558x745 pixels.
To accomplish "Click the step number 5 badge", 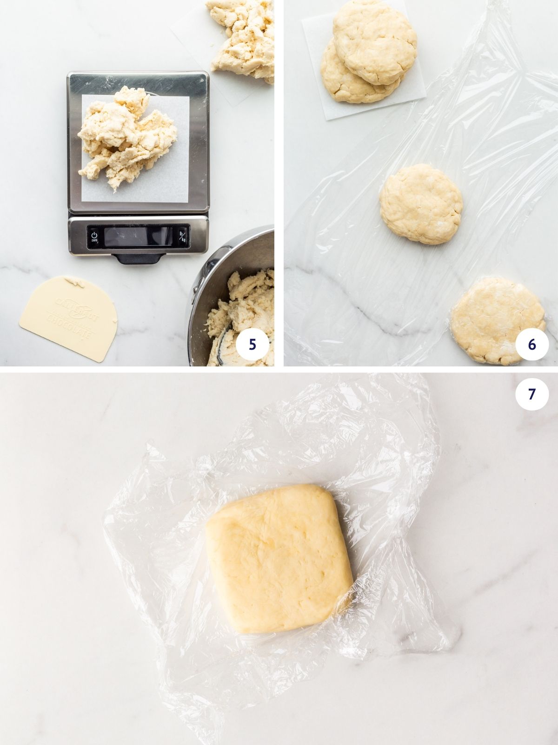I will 252,344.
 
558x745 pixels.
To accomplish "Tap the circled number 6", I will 532,344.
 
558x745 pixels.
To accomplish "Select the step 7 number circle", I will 532,394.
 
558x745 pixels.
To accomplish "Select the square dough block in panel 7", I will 279,559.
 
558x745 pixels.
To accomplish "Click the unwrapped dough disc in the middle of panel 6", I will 421,203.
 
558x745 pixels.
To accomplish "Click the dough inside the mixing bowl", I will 242,307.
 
